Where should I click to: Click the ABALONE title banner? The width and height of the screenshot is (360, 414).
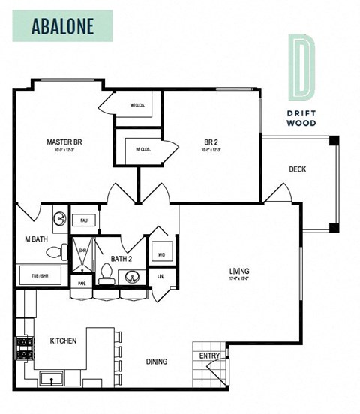coord(62,25)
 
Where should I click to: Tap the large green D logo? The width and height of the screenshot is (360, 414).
coord(303,67)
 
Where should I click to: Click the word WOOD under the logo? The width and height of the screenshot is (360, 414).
coord(303,122)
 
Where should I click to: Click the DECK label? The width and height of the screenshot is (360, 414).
coord(297,169)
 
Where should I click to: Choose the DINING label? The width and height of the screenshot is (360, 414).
coord(157,361)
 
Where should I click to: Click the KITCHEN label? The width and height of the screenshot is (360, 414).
coord(63,341)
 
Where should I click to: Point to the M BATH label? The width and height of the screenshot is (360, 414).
coord(34,240)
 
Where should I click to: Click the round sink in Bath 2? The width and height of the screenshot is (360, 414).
coord(133,278)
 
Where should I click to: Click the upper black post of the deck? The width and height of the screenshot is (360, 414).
coord(334,140)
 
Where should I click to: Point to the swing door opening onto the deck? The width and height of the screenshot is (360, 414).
coord(277,193)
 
